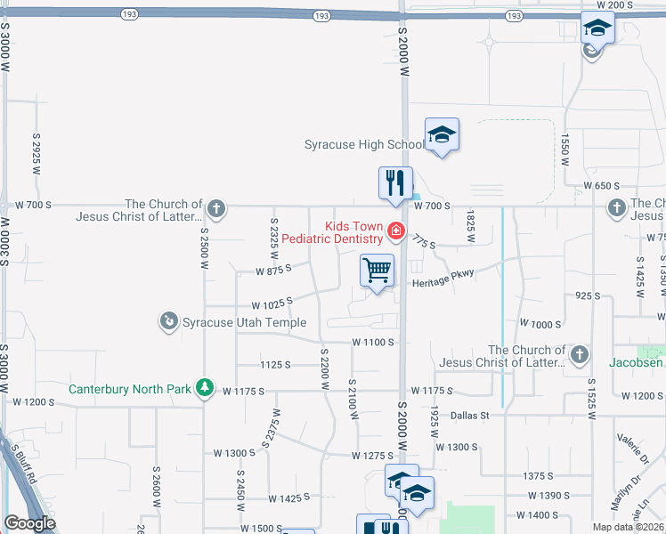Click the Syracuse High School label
click(x=365, y=144)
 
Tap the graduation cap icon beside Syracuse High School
click(x=442, y=135)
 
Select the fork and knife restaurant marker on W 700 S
click(x=395, y=182)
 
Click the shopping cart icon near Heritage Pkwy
click(x=378, y=271)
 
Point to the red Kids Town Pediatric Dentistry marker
click(x=394, y=233)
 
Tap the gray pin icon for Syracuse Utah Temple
click(x=168, y=320)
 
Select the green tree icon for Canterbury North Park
click(x=206, y=388)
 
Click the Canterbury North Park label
click(x=132, y=389)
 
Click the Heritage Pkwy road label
click(x=443, y=283)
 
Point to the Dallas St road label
click(x=470, y=415)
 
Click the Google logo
click(x=29, y=523)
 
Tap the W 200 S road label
click(x=614, y=5)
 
